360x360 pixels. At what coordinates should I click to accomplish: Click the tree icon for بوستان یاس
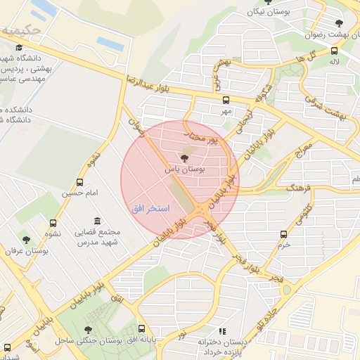tap(184, 158)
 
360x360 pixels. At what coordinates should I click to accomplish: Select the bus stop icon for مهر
tap(226, 100)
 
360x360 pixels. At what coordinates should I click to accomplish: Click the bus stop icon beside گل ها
tap(333, 51)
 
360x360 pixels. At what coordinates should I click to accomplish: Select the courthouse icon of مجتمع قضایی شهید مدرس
tap(96, 221)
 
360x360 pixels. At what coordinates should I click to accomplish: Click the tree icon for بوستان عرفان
tap(27, 240)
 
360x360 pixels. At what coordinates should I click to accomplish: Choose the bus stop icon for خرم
tap(283, 234)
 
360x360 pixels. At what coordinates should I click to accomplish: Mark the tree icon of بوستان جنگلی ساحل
tap(87, 329)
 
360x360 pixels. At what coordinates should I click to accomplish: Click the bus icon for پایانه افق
tap(141, 328)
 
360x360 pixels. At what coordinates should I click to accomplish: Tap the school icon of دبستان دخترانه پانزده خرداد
tap(223, 330)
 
